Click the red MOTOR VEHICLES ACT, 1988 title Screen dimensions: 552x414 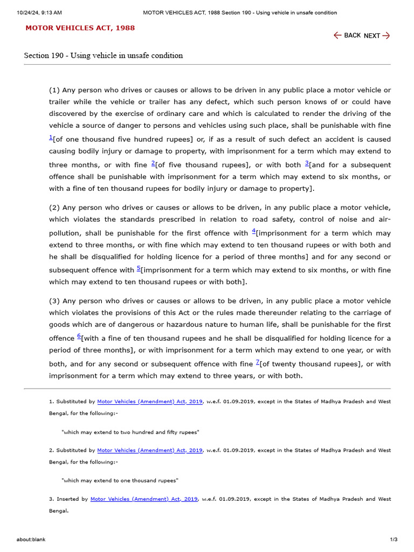(x=80, y=28)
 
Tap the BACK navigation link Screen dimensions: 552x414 (x=347, y=36)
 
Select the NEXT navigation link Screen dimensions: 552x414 (x=377, y=36)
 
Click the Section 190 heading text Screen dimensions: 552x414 (x=103, y=56)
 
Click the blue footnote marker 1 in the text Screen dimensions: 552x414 (x=51, y=137)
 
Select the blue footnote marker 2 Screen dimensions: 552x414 (x=153, y=163)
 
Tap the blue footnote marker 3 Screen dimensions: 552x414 (x=307, y=163)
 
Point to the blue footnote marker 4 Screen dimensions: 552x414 (x=254, y=231)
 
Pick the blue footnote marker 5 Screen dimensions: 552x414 (x=139, y=268)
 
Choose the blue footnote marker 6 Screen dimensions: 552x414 (x=79, y=336)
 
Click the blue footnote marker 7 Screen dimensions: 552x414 (x=258, y=362)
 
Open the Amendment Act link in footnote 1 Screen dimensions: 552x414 (x=150, y=402)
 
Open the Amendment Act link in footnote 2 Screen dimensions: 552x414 (x=150, y=450)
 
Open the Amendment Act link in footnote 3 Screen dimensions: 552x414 (x=144, y=499)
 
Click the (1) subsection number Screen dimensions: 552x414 (x=54, y=90)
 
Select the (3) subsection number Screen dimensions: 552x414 (x=54, y=301)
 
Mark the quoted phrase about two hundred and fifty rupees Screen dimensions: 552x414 (x=130, y=432)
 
